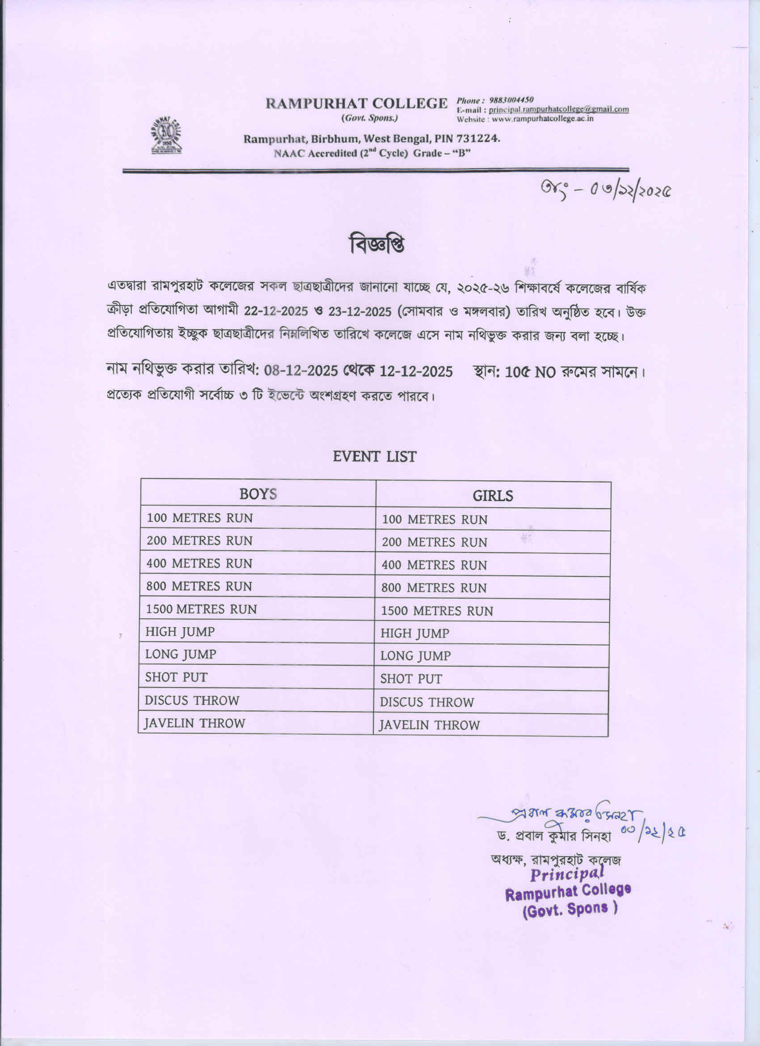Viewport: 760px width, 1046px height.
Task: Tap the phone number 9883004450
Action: (511, 100)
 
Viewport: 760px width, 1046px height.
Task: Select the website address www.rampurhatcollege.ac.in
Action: (541, 119)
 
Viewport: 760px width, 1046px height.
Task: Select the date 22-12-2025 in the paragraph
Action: (275, 311)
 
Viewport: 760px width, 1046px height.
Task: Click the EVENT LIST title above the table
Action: (374, 457)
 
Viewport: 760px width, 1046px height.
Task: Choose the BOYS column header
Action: (258, 494)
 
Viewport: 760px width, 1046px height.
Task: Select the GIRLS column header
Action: (492, 496)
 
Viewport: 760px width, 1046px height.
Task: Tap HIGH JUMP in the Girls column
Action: (414, 634)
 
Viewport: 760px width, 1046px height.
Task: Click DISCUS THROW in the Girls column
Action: (426, 702)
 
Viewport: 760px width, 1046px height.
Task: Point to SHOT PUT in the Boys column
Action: (176, 677)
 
